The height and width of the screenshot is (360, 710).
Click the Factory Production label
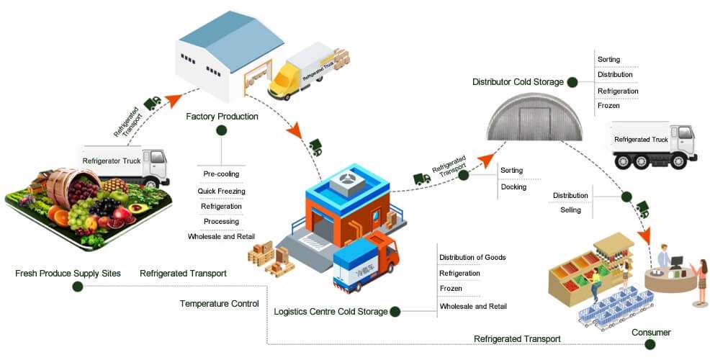(222, 116)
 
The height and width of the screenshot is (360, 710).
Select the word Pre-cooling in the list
(221, 174)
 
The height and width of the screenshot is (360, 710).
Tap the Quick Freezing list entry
(221, 191)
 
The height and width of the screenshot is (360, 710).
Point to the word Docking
(513, 187)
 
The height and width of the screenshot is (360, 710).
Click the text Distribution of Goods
(472, 257)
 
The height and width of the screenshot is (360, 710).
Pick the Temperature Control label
(219, 304)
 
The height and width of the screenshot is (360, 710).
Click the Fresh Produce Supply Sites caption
(68, 274)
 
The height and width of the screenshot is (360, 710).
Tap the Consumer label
(651, 333)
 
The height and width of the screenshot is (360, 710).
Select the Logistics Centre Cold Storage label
(331, 312)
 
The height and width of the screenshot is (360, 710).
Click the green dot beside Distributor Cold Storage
(571, 82)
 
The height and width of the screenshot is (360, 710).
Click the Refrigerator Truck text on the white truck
(111, 161)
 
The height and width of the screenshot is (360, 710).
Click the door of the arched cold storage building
(530, 123)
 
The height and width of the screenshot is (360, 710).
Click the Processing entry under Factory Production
(221, 221)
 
